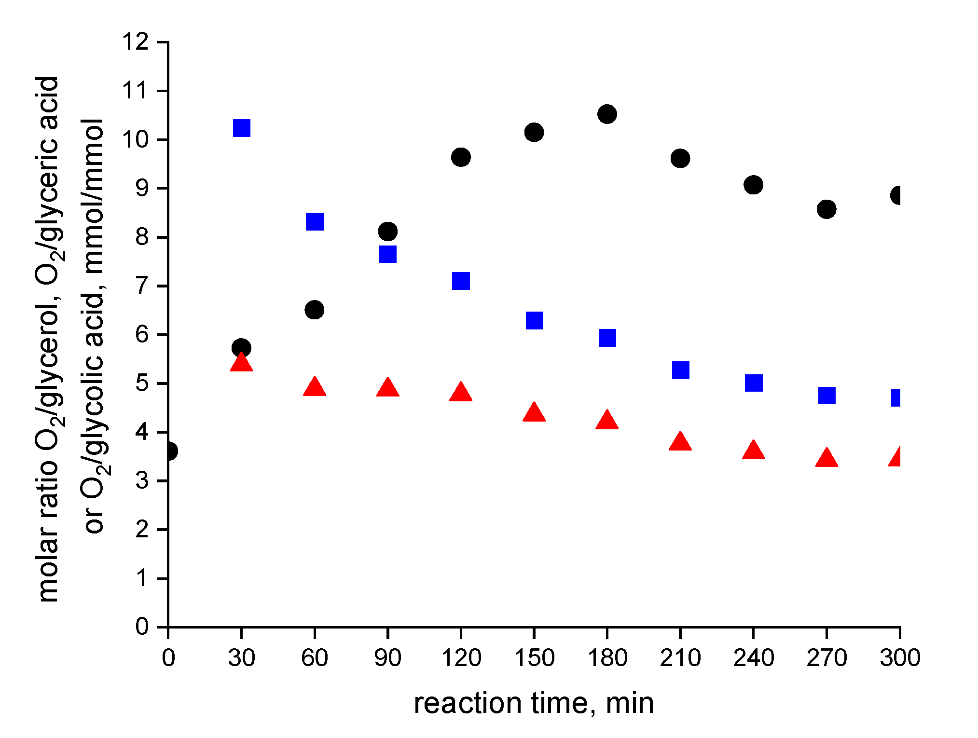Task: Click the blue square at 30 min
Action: click(x=241, y=128)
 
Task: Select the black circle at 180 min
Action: click(x=607, y=114)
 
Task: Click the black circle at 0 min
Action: click(x=170, y=451)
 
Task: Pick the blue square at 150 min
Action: click(x=534, y=320)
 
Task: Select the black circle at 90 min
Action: click(x=388, y=231)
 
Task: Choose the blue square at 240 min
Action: click(x=753, y=383)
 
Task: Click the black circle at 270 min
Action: click(x=826, y=209)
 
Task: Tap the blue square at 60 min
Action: click(x=315, y=222)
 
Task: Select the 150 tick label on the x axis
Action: click(x=534, y=658)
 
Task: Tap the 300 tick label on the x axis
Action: click(x=900, y=658)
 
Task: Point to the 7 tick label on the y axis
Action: click(x=142, y=286)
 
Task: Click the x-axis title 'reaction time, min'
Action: click(x=534, y=703)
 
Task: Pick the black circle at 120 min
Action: click(x=461, y=157)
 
